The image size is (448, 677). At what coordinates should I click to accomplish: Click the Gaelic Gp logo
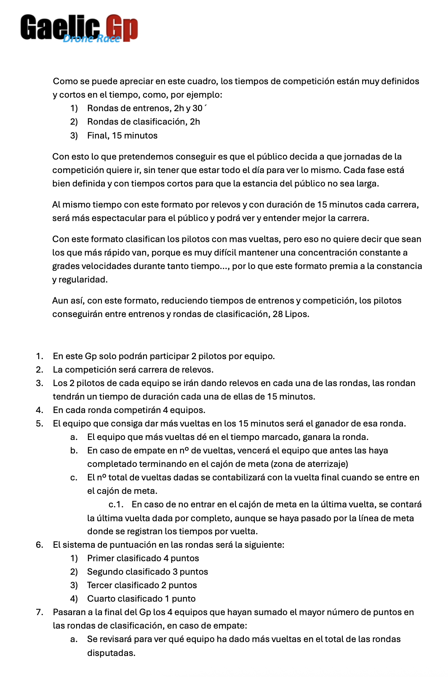[x=79, y=28]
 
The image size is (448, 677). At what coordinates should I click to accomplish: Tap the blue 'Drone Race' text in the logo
[x=91, y=39]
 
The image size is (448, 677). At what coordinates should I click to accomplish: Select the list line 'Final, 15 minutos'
[x=122, y=136]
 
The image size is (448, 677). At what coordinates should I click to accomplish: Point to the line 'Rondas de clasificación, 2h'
[x=143, y=122]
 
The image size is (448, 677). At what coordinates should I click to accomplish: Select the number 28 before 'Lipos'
[x=277, y=314]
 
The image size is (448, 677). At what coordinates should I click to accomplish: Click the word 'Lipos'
[x=297, y=314]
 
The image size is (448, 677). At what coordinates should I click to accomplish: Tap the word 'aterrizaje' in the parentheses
[x=325, y=464]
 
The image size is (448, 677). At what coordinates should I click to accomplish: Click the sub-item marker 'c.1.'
[x=116, y=504]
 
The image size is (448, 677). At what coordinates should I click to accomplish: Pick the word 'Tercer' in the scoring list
[x=99, y=585]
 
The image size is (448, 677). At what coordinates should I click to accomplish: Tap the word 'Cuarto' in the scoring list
[x=100, y=599]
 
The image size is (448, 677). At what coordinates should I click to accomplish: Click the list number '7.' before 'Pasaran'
[x=40, y=612]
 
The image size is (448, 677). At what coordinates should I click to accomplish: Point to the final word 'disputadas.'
[x=111, y=653]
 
